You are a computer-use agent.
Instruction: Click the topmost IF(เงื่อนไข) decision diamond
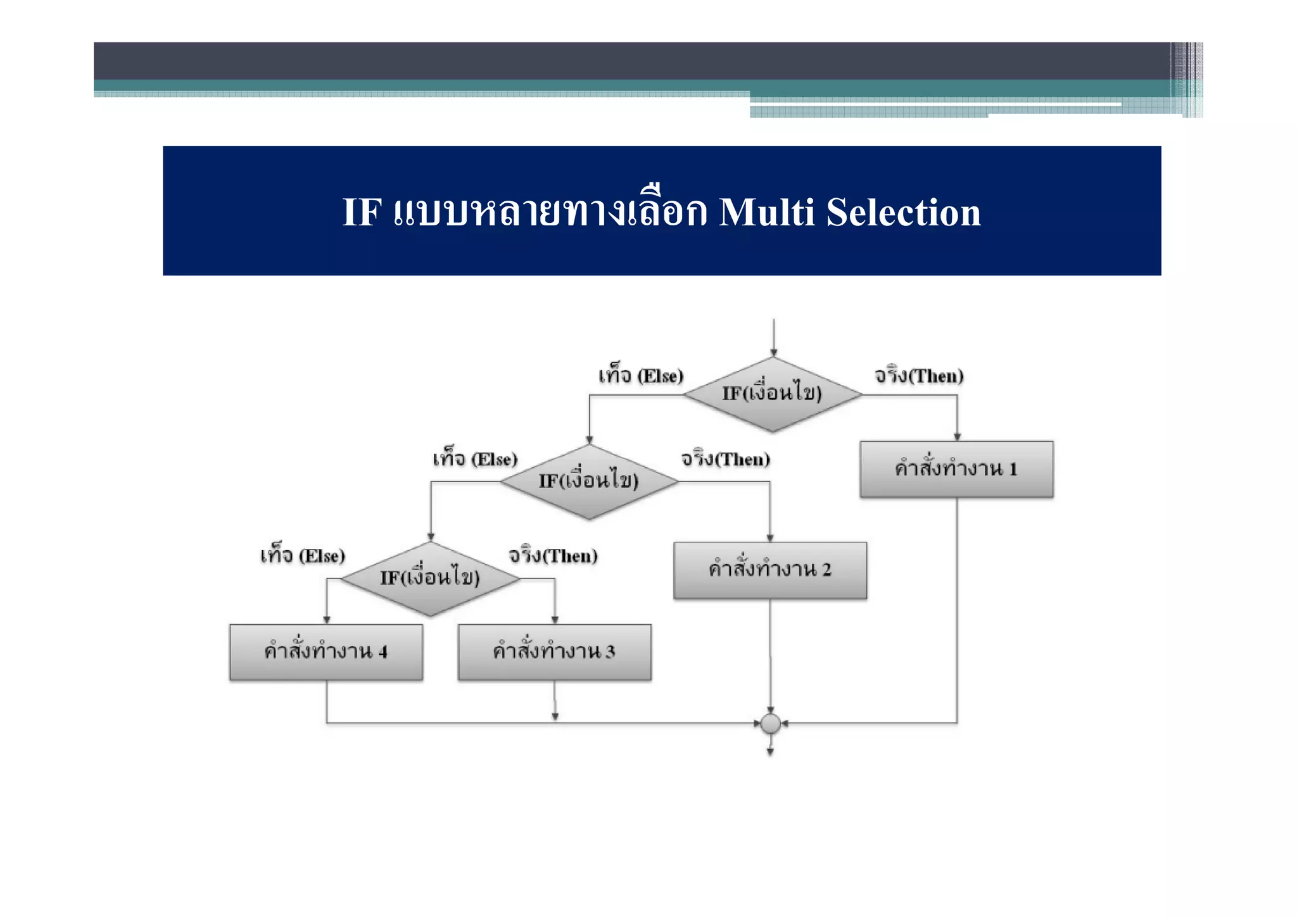coord(772,394)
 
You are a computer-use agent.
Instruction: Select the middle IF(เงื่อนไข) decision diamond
coord(589,482)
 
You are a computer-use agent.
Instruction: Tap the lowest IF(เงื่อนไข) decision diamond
coord(430,579)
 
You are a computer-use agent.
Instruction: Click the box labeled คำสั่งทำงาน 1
coord(956,469)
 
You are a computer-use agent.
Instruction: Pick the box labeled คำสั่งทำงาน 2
coord(770,570)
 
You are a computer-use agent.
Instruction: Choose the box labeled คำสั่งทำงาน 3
coord(554,652)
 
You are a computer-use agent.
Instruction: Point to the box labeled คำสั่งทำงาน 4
coord(326,652)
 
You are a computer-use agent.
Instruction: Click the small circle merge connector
coord(771,723)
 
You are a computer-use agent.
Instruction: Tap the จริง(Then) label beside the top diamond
coord(919,376)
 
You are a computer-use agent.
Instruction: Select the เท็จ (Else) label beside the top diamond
coord(641,376)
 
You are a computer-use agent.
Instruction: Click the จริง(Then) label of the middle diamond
coord(725,459)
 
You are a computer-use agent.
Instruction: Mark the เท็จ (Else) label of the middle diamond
coord(475,459)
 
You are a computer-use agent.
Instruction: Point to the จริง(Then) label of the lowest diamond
coord(553,556)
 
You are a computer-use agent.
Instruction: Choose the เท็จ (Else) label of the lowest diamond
coord(303,556)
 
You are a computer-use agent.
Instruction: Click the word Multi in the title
coord(766,212)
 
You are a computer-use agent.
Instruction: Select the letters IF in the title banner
coord(362,212)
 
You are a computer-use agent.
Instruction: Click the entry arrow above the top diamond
coord(773,338)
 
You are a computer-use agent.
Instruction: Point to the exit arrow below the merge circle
coord(770,747)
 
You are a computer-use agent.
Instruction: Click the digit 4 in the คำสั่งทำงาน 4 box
coord(383,652)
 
